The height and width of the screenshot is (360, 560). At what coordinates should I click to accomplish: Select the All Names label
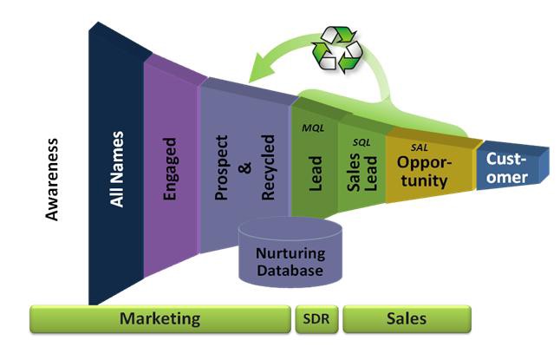point(117,169)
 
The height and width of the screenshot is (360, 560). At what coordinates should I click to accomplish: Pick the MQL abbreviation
point(312,128)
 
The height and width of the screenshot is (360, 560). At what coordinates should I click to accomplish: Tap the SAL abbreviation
point(420,148)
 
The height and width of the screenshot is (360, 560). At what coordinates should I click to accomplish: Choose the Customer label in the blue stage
point(507,167)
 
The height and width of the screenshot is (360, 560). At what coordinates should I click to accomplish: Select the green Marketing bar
point(160,318)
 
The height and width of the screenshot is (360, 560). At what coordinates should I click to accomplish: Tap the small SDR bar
point(316,319)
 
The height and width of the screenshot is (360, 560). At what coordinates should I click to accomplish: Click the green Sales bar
point(406,319)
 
